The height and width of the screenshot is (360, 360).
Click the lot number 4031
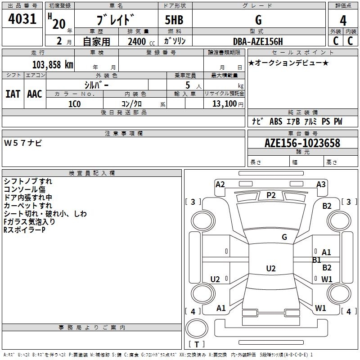point(22,19)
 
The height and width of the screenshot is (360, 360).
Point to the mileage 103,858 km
point(53,64)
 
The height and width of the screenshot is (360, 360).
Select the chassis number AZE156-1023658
point(302,143)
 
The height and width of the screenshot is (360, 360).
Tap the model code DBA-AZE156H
point(258,41)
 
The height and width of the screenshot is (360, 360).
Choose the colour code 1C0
point(74,104)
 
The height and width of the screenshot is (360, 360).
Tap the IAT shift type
point(13,94)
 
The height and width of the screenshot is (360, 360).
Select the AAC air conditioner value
point(35,94)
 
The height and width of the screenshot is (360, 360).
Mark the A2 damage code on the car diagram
point(220,184)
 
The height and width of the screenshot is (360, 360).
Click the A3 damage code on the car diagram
point(321,184)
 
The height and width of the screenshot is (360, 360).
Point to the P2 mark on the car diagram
point(271,195)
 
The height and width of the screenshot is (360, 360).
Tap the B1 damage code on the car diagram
point(317,260)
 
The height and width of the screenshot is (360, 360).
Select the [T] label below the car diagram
point(197,344)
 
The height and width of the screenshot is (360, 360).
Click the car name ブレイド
point(116,20)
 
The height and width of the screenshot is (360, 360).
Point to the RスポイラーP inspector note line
point(24,230)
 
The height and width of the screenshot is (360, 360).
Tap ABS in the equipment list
point(275,121)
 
